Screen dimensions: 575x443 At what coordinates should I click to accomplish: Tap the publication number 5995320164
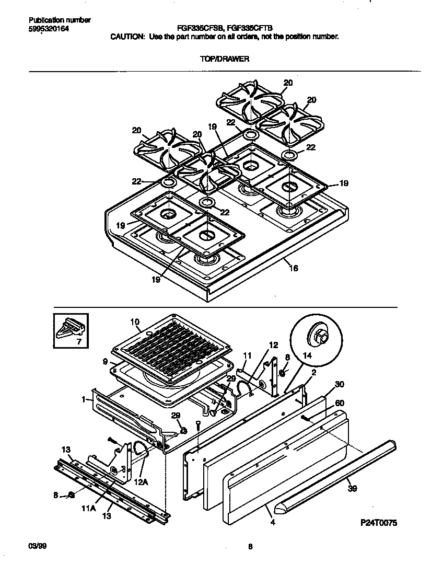tap(48, 28)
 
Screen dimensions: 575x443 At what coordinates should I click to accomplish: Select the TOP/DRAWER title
tap(225, 59)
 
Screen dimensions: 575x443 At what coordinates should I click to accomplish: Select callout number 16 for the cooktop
tap(294, 268)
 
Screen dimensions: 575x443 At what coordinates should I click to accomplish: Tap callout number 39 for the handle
tap(353, 489)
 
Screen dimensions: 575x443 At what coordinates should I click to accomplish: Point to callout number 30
tap(340, 384)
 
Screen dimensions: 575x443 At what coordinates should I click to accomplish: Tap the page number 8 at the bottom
tap(250, 547)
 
